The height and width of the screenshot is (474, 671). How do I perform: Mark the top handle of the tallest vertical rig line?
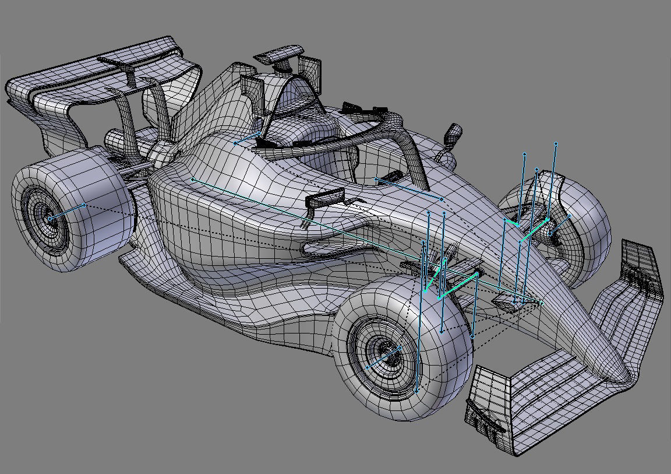point(556,143)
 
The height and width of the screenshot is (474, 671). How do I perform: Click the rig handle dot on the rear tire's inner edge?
point(85,205)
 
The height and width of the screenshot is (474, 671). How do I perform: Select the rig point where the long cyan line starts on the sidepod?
point(193,179)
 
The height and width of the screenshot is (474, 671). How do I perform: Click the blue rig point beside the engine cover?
point(235,142)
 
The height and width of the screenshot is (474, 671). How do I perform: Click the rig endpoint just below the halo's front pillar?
point(442,199)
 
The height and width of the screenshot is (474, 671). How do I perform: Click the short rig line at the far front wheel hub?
point(559,225)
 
